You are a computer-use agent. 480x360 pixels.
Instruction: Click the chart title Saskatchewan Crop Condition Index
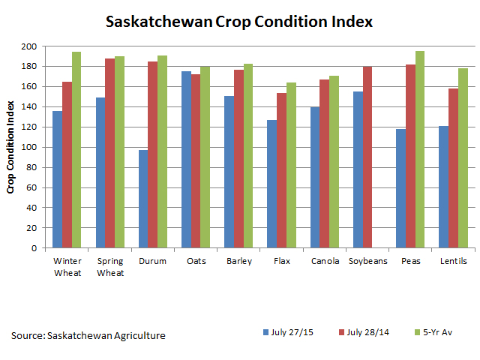click(239, 21)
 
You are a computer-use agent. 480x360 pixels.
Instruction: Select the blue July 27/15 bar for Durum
click(143, 199)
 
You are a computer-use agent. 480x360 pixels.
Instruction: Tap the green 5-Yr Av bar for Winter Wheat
click(76, 149)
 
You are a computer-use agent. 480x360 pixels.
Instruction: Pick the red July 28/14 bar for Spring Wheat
click(110, 153)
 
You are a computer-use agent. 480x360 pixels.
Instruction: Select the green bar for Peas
click(421, 149)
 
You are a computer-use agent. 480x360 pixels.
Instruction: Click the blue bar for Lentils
click(444, 187)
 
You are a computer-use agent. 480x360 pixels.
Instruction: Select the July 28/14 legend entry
click(366, 331)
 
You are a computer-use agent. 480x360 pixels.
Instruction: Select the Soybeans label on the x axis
click(367, 261)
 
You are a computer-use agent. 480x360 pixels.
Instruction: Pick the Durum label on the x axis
click(153, 261)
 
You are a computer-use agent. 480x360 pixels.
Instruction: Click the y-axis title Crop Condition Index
click(11, 147)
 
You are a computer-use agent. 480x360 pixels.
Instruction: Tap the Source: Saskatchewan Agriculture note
click(88, 335)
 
